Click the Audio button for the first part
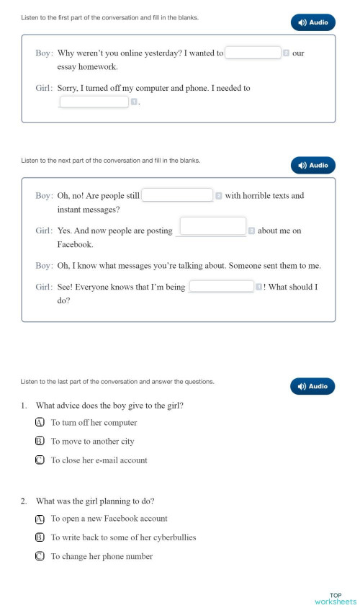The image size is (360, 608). tap(312, 22)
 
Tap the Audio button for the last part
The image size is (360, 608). tap(312, 386)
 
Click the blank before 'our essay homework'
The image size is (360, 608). tap(253, 53)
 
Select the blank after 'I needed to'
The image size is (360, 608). tap(94, 102)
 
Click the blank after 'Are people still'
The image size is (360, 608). tap(177, 195)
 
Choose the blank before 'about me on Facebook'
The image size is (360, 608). tap(212, 226)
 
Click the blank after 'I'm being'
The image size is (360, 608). tap(220, 287)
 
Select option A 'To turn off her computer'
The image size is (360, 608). tap(40, 423)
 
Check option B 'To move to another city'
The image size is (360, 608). tap(40, 442)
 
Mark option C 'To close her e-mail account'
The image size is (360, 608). tap(40, 460)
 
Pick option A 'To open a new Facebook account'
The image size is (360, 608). tap(40, 519)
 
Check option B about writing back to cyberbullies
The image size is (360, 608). tap(40, 537)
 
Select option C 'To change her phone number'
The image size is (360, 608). tap(40, 556)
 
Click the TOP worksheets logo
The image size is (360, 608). tap(335, 599)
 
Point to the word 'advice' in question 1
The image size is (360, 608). tap(70, 406)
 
